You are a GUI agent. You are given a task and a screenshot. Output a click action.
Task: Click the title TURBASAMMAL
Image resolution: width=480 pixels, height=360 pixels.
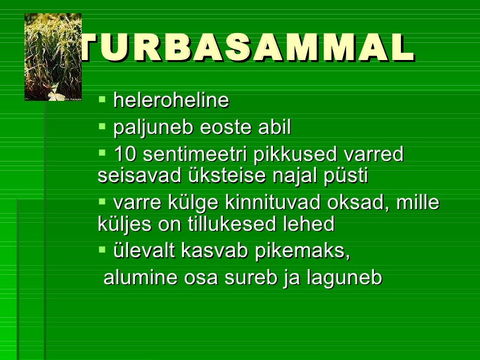(x=247, y=47)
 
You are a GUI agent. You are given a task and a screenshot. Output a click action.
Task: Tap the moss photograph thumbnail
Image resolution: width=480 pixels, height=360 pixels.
(x=53, y=57)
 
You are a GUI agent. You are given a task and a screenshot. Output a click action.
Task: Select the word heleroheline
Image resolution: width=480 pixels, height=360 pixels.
(x=171, y=100)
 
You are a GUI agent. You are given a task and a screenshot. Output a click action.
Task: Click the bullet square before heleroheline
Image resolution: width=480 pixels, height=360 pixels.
(x=102, y=99)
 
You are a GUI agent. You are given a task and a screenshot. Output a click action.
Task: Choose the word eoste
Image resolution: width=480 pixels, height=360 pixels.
(x=225, y=128)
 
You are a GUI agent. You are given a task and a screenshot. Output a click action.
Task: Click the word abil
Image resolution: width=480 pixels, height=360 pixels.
(x=274, y=127)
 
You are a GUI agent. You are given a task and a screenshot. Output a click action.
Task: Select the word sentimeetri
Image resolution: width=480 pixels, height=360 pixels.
(x=195, y=154)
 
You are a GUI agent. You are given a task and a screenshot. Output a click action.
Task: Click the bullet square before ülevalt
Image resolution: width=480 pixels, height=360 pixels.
(x=102, y=249)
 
